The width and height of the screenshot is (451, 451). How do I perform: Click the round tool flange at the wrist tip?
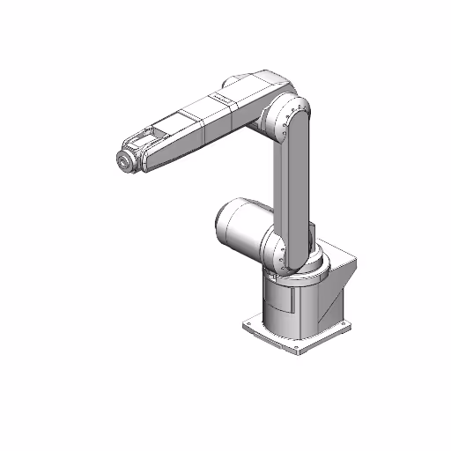click(x=126, y=162)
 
